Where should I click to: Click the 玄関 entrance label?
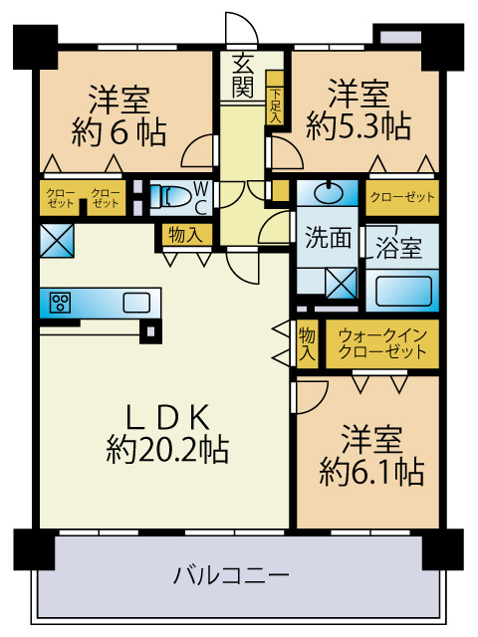coord(242,74)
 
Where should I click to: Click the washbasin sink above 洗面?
coord(327,190)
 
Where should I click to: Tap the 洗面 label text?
coord(327,238)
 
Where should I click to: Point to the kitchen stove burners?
coord(59,303)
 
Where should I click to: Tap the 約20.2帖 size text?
coord(167,450)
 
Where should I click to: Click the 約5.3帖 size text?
coord(358,126)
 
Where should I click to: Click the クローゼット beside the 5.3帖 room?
coord(402,197)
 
